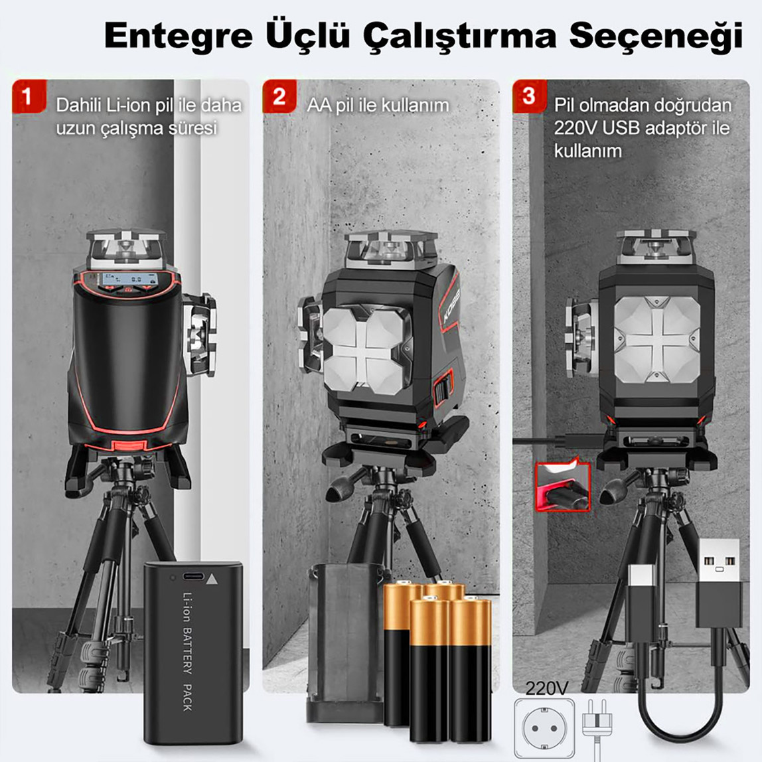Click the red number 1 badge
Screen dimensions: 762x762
27,96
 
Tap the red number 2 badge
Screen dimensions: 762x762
279,96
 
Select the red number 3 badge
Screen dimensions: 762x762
529,96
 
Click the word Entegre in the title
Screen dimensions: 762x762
178,36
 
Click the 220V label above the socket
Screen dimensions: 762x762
547,688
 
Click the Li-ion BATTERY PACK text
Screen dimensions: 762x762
187,651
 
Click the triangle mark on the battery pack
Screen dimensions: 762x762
212,578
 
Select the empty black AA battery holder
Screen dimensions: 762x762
344,641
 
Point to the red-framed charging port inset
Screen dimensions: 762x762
562,487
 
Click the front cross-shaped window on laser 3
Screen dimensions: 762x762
656,339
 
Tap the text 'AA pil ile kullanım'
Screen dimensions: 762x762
378,106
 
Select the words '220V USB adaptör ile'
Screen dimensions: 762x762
641,127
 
